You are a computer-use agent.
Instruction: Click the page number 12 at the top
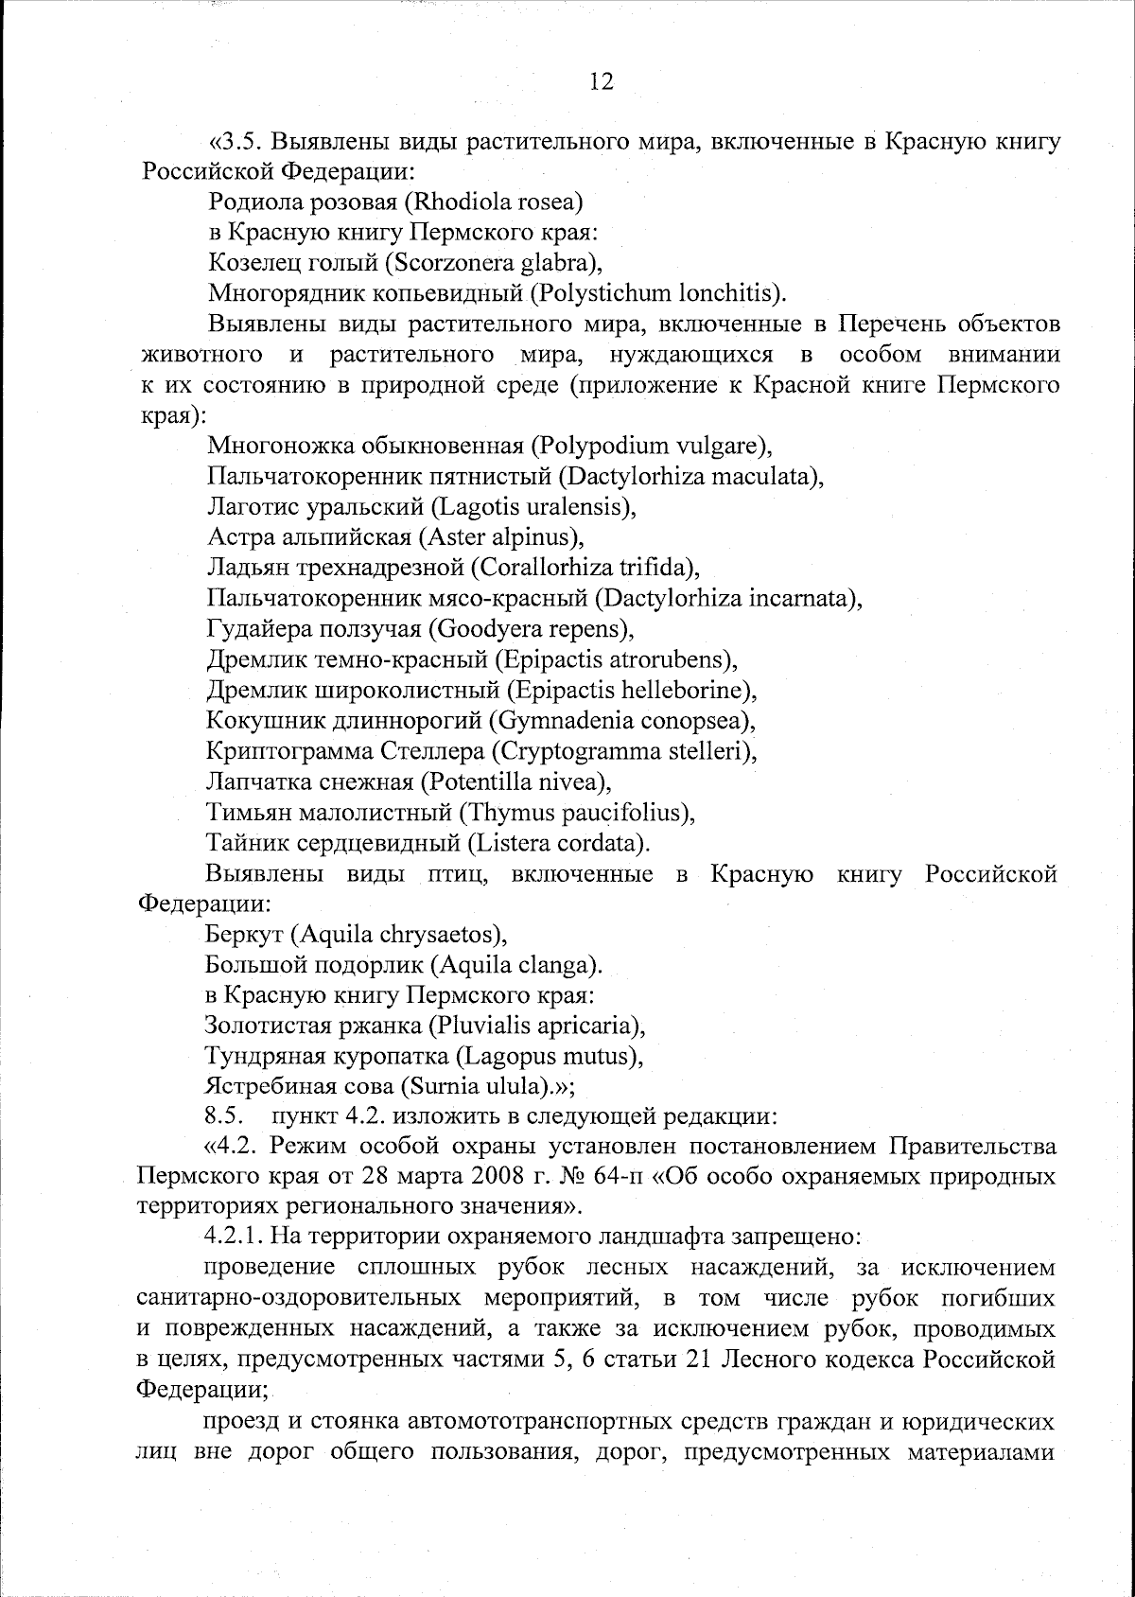point(602,81)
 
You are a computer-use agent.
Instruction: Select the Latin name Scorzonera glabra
point(498,262)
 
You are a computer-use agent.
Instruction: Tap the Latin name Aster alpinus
point(498,537)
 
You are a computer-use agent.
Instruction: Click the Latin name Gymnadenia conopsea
point(621,721)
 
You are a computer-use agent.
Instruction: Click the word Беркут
point(244,935)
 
